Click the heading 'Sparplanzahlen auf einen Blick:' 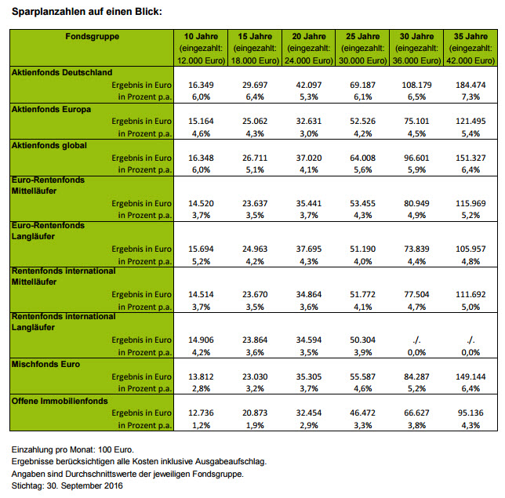tap(91, 11)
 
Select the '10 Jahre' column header tap(201, 36)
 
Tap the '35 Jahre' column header tap(470, 36)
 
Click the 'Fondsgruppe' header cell tap(93, 36)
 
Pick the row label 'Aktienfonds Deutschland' tap(62, 72)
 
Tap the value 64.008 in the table tap(363, 157)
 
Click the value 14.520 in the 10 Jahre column tap(202, 202)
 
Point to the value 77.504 tap(416, 294)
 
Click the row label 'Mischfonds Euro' tap(45, 364)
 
